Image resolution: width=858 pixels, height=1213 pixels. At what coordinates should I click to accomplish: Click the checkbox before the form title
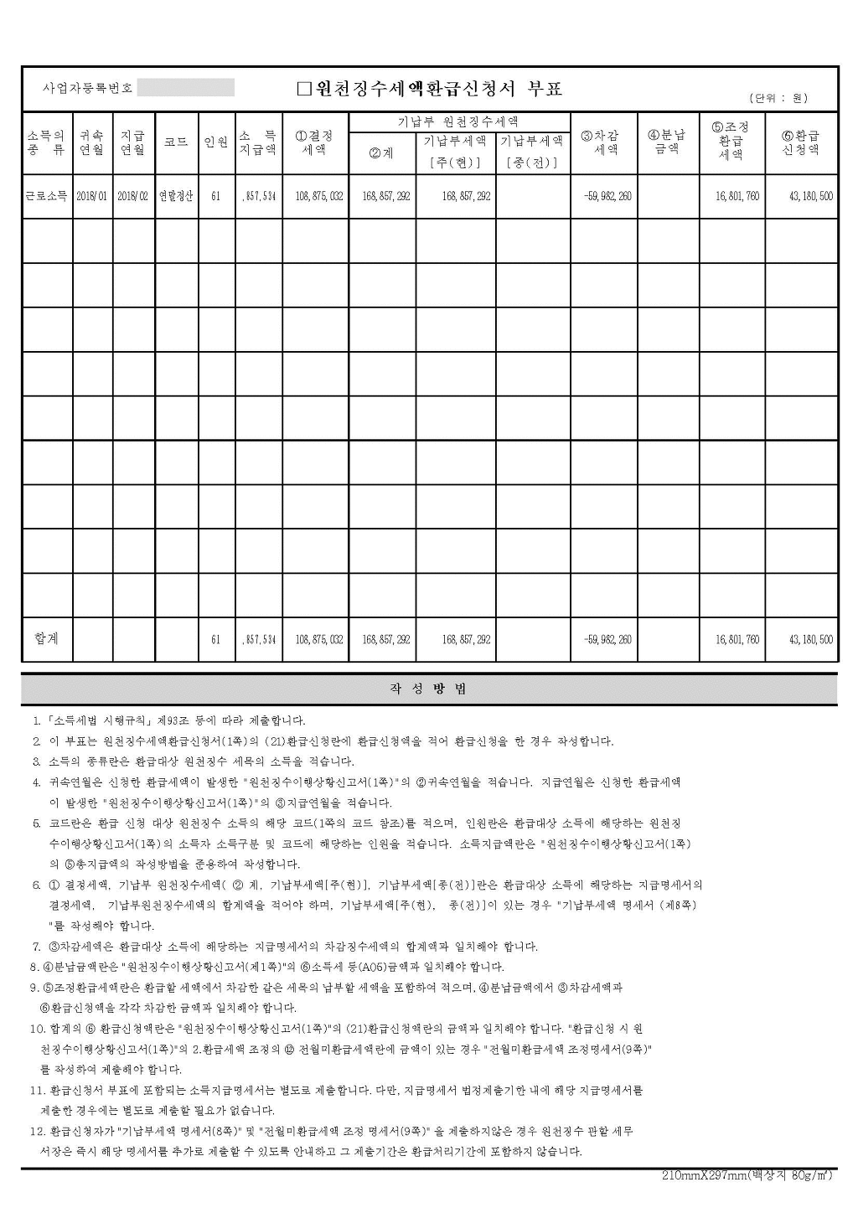(x=304, y=89)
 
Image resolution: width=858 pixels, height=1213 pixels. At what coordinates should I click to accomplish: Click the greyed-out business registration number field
(x=186, y=88)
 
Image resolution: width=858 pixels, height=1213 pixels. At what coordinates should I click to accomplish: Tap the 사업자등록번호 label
(x=87, y=89)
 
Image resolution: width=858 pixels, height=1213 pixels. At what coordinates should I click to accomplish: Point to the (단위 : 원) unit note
(x=778, y=98)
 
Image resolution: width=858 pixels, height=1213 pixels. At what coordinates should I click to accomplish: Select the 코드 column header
(x=176, y=142)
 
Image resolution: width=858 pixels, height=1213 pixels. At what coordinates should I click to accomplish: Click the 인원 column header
(x=216, y=142)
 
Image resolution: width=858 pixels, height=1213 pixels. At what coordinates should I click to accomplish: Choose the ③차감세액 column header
(x=604, y=142)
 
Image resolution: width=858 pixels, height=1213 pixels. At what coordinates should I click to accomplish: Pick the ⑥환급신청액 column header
(x=801, y=142)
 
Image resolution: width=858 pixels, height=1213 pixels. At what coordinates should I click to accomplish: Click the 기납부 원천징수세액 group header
(x=458, y=121)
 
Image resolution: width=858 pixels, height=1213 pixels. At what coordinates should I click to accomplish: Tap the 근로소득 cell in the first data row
(x=47, y=196)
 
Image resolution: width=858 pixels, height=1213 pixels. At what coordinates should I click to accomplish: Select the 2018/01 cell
(x=91, y=196)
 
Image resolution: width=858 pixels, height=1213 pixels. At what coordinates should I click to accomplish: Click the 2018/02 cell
(x=132, y=196)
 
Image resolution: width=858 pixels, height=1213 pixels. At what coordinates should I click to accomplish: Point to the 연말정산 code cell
(x=176, y=196)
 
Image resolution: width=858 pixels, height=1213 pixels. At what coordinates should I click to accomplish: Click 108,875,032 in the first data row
(x=319, y=196)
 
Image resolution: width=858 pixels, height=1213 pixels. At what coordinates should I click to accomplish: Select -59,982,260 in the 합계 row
(x=607, y=639)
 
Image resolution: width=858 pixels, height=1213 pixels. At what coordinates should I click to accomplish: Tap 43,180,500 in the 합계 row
(x=811, y=639)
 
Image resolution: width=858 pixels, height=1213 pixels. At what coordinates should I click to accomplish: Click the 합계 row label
(x=47, y=638)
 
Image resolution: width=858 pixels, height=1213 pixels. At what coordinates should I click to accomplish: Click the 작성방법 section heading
(x=429, y=689)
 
